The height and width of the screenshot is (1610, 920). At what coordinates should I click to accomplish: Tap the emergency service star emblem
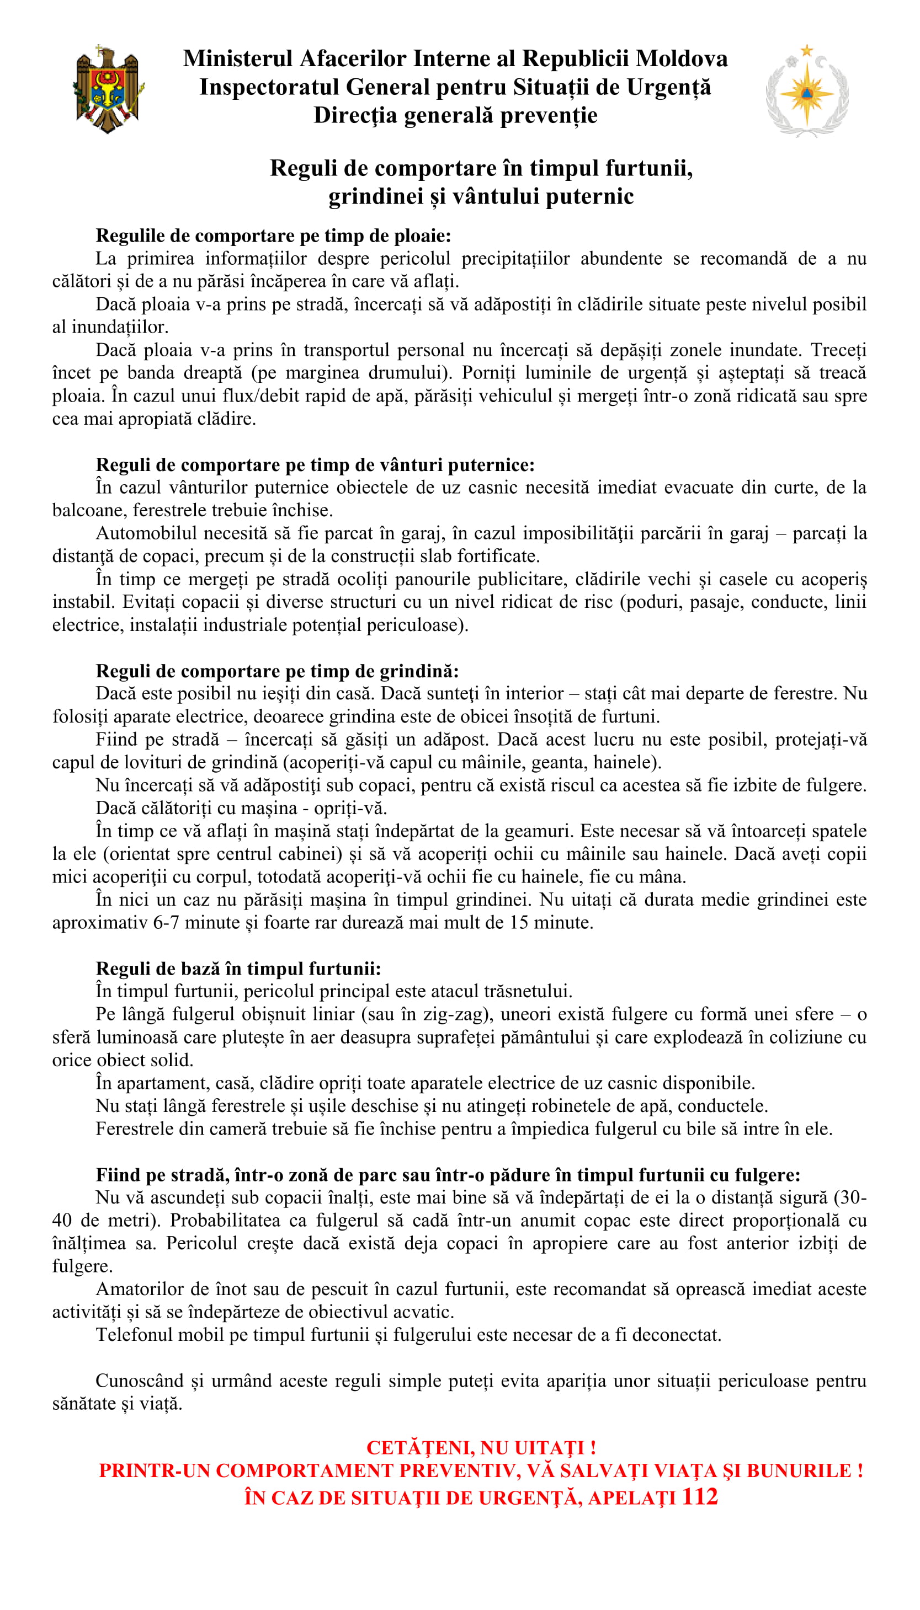(806, 92)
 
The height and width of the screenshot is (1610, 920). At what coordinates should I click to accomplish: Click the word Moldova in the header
(681, 58)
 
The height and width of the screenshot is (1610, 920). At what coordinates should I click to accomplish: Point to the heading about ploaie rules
(273, 236)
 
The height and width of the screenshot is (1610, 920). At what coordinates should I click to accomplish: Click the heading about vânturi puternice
(315, 465)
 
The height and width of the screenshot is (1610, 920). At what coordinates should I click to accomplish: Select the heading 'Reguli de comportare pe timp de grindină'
(276, 671)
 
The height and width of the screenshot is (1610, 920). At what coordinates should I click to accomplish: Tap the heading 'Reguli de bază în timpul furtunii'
(238, 969)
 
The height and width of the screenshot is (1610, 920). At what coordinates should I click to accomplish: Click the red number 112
(699, 1496)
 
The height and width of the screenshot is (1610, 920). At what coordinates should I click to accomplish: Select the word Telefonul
(135, 1335)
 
